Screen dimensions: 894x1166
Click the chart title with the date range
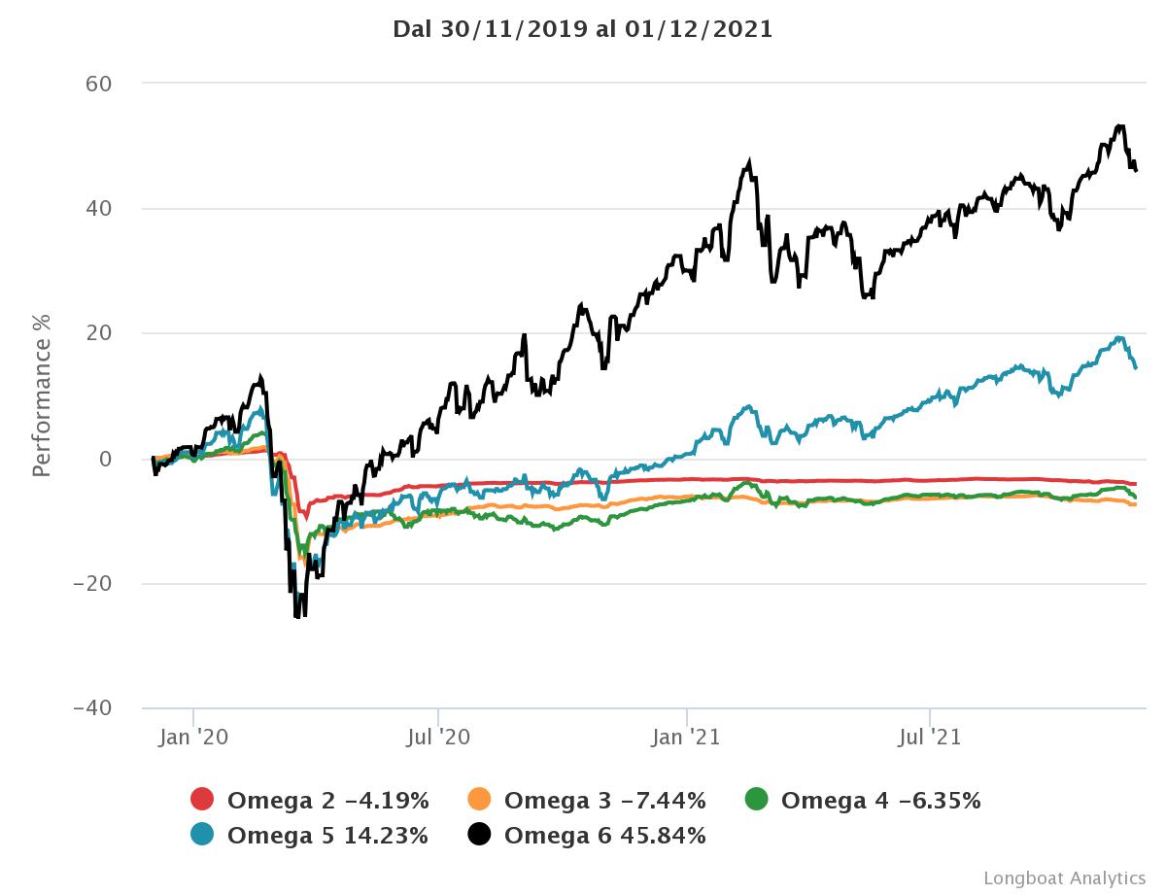point(583,29)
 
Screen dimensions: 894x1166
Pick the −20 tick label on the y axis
point(93,583)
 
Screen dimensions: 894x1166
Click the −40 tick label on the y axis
point(93,708)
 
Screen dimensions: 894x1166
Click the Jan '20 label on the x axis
point(193,738)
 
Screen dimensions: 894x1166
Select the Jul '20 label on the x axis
point(438,738)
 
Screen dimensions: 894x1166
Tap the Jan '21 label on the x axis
point(687,738)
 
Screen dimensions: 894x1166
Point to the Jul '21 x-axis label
point(930,738)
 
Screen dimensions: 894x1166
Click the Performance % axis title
point(42,395)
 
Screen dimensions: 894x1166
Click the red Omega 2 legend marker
point(202,800)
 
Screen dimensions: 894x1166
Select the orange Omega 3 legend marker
point(479,800)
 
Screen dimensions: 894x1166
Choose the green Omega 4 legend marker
point(756,800)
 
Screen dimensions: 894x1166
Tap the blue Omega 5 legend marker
point(202,835)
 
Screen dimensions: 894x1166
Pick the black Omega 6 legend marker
point(479,835)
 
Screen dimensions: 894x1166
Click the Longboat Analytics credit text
point(1065,877)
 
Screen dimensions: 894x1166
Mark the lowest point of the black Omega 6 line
point(296,617)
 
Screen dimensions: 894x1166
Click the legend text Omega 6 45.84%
point(604,835)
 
